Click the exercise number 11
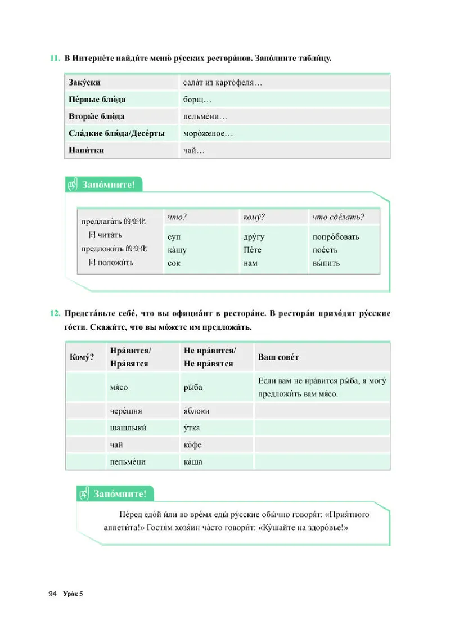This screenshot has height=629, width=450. pos(55,59)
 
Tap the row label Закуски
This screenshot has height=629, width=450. pos(84,83)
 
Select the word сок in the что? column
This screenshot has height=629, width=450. pos(174,263)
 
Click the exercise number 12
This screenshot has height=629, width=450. pos(55,313)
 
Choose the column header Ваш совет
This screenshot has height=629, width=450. pos(278,357)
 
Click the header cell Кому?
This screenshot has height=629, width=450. pos(81,357)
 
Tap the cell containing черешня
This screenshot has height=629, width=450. pos(125,411)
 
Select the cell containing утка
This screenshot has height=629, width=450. pos(192,428)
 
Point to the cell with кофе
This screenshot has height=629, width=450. pos(193,445)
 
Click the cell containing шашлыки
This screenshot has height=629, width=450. pos(129,428)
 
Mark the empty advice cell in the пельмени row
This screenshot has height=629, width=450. pos(321,462)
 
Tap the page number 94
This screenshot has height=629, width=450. pos(53,594)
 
